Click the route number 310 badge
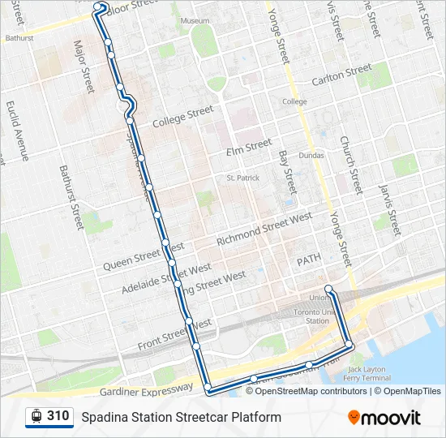tap(49, 416)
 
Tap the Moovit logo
tap(384, 418)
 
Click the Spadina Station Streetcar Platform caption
tap(181, 417)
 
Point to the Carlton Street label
tap(342, 77)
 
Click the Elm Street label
tap(249, 147)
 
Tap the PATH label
tap(309, 260)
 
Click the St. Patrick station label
tap(241, 178)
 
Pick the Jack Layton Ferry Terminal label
tap(364, 374)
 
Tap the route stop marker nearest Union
tap(328, 290)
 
